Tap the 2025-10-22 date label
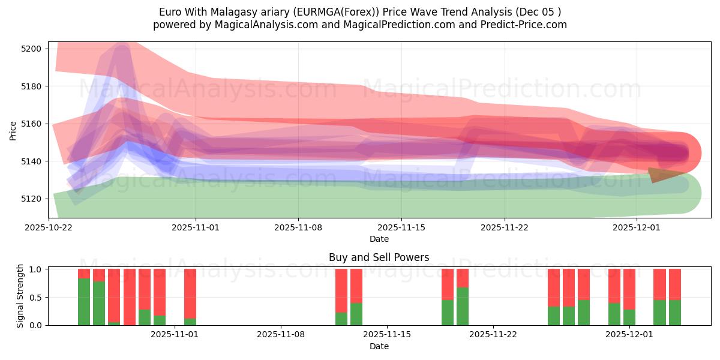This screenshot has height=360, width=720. pyautogui.click(x=49, y=228)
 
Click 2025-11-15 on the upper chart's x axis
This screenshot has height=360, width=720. pyautogui.click(x=401, y=228)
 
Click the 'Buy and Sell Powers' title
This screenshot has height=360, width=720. pyautogui.click(x=379, y=257)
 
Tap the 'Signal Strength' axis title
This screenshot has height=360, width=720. pyautogui.click(x=20, y=296)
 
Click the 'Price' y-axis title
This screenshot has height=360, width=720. pyautogui.click(x=13, y=130)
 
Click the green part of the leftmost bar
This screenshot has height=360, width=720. pyautogui.click(x=84, y=302)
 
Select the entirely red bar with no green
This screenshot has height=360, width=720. pyautogui.click(x=130, y=297)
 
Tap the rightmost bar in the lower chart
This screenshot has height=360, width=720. pyautogui.click(x=674, y=297)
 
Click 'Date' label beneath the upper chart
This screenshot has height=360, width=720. pyautogui.click(x=379, y=239)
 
